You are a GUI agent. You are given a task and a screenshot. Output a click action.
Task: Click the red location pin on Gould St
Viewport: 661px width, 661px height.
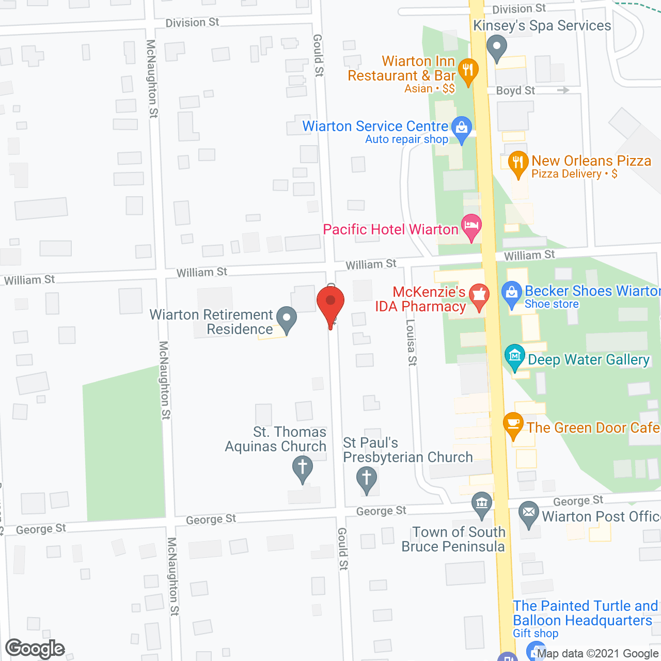(330, 302)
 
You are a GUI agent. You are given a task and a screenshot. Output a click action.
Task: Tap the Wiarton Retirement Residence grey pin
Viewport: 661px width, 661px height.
(286, 319)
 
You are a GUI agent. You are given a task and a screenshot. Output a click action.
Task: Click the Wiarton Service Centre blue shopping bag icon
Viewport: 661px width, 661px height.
(461, 127)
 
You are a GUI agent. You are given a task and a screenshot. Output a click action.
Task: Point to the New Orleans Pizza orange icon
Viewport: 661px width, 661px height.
(518, 162)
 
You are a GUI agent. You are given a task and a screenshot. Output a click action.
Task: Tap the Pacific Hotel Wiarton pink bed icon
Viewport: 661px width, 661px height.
(471, 226)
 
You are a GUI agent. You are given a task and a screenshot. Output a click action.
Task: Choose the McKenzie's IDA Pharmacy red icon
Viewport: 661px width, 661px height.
(479, 296)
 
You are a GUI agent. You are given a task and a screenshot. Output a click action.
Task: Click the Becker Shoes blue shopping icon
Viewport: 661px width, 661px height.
(512, 293)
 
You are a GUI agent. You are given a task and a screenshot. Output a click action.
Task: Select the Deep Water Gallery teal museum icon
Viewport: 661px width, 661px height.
(515, 356)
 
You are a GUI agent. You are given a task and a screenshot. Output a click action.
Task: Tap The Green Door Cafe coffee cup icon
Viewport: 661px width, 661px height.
(513, 424)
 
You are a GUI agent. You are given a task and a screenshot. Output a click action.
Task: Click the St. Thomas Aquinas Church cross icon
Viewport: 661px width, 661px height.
(303, 467)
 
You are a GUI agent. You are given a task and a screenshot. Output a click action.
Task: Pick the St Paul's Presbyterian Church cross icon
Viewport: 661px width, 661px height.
(367, 478)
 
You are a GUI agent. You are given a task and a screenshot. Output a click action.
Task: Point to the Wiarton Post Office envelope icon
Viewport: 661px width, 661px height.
(528, 513)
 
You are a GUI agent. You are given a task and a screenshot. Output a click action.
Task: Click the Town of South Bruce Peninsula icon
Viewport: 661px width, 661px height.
(482, 503)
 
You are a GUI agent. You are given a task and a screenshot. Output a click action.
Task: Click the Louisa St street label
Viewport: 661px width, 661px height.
(411, 343)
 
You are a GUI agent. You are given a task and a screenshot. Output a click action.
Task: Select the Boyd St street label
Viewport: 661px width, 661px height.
(515, 90)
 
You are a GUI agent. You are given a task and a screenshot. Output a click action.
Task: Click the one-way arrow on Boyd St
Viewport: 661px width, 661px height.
(563, 90)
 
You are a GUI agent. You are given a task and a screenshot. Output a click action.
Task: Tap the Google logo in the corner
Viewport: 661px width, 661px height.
(35, 649)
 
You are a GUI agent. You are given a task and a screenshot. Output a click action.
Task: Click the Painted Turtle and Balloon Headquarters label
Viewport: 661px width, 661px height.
(585, 613)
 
